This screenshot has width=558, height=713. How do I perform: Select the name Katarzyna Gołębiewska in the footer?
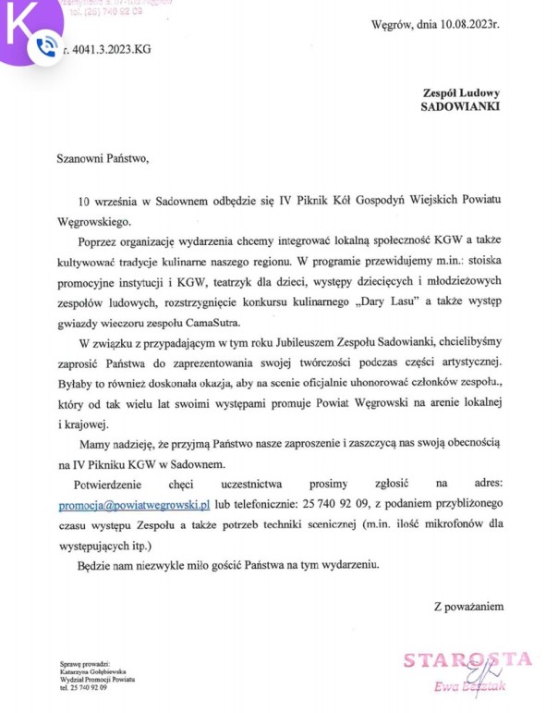click(x=93, y=671)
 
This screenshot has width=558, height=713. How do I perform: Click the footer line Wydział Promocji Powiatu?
click(x=96, y=680)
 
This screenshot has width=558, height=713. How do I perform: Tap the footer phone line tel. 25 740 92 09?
click(x=83, y=689)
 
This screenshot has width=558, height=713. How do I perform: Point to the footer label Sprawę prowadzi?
click(x=83, y=663)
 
